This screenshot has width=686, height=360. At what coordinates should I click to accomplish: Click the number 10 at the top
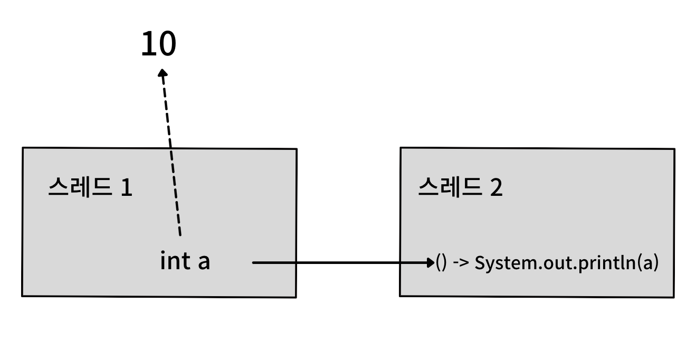click(158, 44)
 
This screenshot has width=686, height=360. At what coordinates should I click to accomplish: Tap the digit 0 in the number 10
click(166, 44)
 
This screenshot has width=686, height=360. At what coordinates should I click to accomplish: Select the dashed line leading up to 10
click(171, 153)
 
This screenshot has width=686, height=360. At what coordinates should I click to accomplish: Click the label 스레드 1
click(90, 187)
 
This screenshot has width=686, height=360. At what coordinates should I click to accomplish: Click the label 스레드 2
click(460, 187)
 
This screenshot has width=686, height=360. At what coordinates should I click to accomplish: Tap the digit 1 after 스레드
click(126, 187)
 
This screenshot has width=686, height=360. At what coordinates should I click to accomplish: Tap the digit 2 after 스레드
click(496, 187)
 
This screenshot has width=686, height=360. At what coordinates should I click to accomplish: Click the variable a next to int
click(204, 262)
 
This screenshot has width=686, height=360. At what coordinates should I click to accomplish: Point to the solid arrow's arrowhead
click(430, 262)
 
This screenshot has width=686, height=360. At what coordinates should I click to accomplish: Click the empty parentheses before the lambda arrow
click(442, 263)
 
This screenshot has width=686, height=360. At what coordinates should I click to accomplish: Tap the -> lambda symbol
click(461, 263)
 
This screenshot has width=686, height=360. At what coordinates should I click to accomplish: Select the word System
click(497, 263)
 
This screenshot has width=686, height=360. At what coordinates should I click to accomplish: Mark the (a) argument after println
click(649, 263)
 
